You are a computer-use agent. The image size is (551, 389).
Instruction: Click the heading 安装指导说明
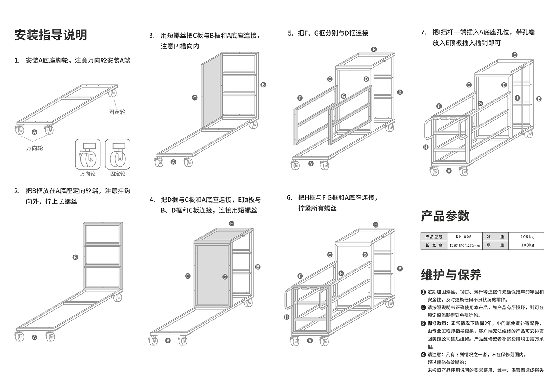pos(51,35)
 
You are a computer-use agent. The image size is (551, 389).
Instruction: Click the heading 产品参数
pos(445,216)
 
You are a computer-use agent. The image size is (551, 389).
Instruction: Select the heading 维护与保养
pos(451,275)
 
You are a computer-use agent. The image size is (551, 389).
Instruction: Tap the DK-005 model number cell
pos(464,237)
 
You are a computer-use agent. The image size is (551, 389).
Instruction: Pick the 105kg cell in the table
pos(527,237)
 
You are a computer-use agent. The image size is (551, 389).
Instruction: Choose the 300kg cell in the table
pos(527,245)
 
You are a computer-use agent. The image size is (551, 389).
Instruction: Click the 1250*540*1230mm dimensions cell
pos(464,246)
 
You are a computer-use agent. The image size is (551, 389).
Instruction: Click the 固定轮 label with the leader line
pos(117,112)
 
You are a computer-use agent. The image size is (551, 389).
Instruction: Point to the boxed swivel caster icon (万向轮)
pos(87,154)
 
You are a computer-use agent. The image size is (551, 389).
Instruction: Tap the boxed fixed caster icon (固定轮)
pos(118,154)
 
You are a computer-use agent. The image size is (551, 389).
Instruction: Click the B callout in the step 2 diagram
pos(75,258)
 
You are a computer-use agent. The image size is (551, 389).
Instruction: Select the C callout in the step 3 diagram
pos(195,98)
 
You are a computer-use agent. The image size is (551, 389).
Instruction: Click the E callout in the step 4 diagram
pos(231,223)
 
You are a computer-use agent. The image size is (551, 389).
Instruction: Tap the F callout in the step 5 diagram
pos(300,98)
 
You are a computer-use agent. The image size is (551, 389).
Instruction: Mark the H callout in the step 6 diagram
pos(287,317)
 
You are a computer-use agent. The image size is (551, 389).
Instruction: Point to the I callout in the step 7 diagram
pos(517,98)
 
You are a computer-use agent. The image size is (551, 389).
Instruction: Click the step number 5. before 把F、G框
pos(291,33)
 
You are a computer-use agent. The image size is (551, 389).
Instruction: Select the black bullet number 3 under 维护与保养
pos(423,324)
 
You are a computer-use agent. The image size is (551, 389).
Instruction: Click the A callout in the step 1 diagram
pos(35,132)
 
